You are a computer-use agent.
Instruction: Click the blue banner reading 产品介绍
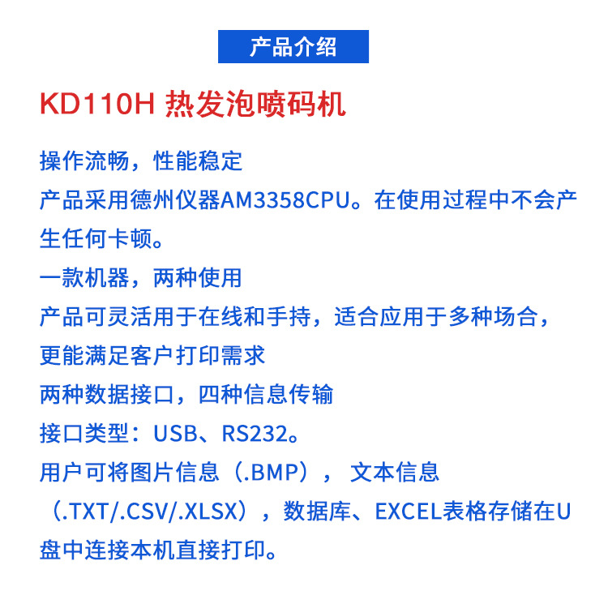[293, 46]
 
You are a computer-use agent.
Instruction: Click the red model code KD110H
[97, 105]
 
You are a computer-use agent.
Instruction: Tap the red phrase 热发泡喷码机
[255, 105]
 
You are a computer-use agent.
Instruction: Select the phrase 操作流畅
[84, 161]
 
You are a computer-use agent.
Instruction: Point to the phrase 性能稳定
[198, 161]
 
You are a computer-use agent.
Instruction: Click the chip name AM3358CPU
[285, 200]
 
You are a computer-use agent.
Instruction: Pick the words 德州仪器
[175, 200]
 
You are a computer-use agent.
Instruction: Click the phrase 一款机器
[84, 277]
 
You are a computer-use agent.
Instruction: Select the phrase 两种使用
[198, 277]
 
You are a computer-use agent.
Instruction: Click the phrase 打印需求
[221, 355]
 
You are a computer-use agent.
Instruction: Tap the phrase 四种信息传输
[266, 394]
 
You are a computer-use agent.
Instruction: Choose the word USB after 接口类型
[175, 434]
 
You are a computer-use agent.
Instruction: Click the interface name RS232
[255, 434]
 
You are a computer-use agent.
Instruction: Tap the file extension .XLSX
[208, 512]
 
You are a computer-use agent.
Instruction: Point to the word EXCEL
[409, 512]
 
